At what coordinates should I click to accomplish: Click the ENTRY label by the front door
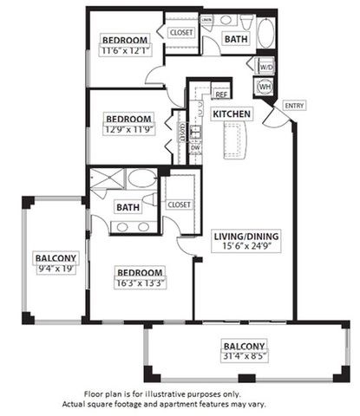295,106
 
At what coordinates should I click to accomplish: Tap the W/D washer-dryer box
265,66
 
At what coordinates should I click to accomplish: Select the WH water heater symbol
265,87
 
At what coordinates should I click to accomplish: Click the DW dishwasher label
196,147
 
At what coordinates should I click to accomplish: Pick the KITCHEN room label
232,114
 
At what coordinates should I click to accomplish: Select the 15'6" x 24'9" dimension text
244,247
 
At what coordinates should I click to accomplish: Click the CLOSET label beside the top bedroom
181,32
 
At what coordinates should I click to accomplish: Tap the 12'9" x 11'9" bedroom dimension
128,131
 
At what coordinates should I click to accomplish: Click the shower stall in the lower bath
108,179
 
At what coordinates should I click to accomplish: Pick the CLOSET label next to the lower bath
179,205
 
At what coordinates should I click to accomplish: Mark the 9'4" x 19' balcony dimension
56,269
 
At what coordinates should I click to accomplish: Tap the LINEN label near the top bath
206,17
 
